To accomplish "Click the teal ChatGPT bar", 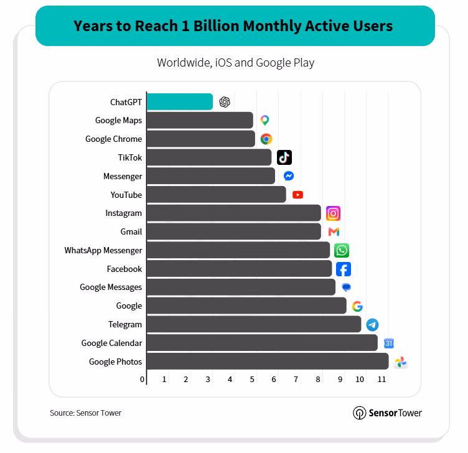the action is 180,102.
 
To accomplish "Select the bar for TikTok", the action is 209,157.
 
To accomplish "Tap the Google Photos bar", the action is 268,362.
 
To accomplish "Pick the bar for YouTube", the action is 217,195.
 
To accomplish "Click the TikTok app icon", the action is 284,157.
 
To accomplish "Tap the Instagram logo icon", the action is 333,213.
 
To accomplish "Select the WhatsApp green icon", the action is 342,250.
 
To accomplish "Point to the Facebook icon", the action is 344,269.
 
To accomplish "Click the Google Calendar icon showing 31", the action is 388,343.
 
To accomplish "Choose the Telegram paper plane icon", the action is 372,325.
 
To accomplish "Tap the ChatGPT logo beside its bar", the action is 225,102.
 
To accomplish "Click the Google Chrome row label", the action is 114,139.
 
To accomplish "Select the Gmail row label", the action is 131,231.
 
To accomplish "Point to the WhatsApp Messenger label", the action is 103,250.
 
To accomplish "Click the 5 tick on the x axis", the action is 252,380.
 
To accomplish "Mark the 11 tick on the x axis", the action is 381,380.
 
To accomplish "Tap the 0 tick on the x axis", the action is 142,380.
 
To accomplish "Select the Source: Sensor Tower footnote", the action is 86,413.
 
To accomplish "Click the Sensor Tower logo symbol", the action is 359,413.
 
